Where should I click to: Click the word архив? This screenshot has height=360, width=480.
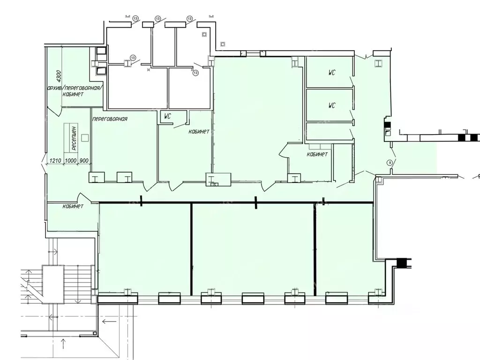pyautogui.click(x=55, y=88)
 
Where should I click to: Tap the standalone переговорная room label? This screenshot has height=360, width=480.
pyautogui.click(x=110, y=119)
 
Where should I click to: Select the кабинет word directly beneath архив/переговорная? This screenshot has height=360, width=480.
pyautogui.click(x=73, y=94)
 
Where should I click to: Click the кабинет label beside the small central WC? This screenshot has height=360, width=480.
pyautogui.click(x=199, y=132)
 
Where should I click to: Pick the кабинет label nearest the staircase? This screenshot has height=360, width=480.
pyautogui.click(x=73, y=206)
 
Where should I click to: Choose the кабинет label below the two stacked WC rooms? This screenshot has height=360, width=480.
pyautogui.click(x=317, y=154)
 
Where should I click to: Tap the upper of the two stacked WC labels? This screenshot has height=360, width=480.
pyautogui.click(x=331, y=73)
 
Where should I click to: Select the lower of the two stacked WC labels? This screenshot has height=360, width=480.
pyautogui.click(x=331, y=105)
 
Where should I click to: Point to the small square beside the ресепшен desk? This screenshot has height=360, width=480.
pyautogui.click(x=85, y=137)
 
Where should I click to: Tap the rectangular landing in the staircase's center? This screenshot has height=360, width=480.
pyautogui.click(x=52, y=283)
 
